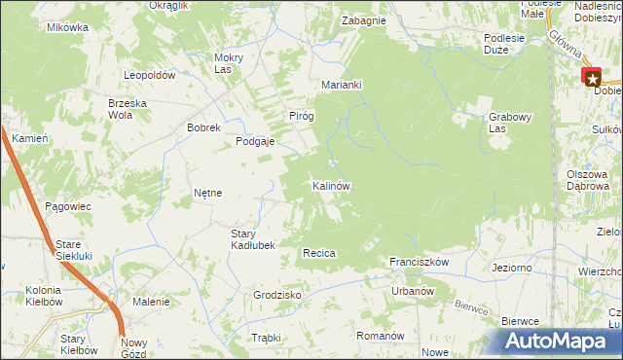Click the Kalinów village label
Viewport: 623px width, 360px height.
[331, 185]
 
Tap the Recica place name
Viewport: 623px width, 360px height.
[319, 253]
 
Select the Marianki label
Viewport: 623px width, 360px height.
[342, 85]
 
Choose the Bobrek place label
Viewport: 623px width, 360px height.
[205, 127]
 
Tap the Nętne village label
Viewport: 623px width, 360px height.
[207, 193]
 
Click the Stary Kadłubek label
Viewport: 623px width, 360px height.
[253, 239]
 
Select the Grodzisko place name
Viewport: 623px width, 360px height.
[276, 294]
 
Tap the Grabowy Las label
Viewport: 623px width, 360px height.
[510, 123]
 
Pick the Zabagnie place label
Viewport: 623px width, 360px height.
[363, 20]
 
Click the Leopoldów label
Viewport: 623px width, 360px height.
[149, 75]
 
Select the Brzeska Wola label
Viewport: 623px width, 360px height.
[106, 108]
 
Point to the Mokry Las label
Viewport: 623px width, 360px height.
[228, 62]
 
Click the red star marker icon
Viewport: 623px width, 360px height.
[592, 77]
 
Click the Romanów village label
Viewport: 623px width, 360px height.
[380, 336]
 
